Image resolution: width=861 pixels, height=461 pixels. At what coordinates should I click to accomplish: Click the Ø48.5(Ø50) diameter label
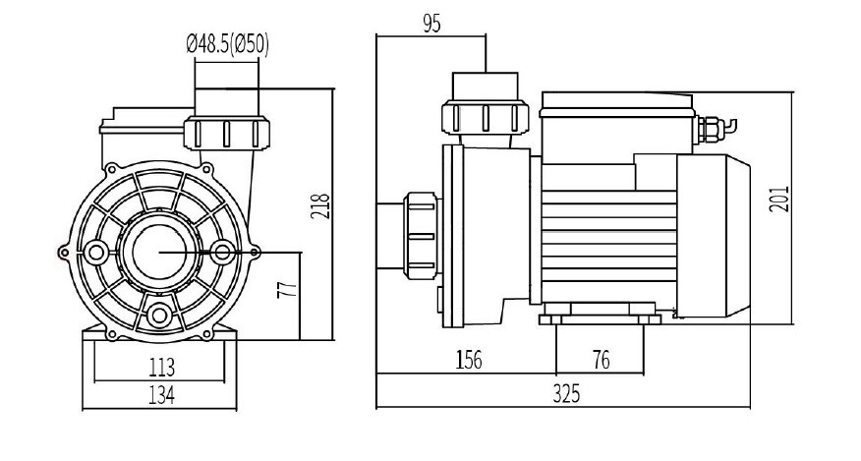(228, 45)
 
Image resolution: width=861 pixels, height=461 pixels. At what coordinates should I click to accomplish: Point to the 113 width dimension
(161, 367)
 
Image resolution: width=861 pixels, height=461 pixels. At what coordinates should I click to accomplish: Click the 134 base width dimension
(161, 395)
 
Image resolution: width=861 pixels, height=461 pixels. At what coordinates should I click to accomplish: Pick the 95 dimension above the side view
(431, 24)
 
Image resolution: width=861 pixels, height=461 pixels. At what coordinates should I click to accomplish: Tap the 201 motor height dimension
(779, 199)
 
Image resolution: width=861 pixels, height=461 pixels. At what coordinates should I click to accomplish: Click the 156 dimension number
(469, 360)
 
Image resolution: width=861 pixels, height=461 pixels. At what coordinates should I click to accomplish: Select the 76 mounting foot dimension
(601, 360)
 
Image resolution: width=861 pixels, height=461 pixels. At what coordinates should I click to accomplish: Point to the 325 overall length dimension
(566, 394)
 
